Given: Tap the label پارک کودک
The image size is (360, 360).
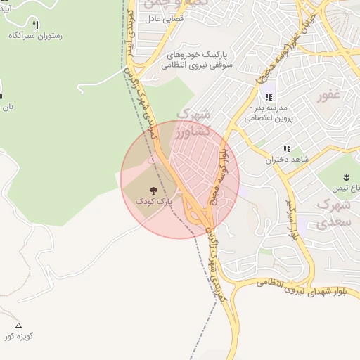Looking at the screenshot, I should point(153,201).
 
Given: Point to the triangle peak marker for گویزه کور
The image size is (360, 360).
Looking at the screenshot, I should point(19,326).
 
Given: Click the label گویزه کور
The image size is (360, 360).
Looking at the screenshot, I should point(19,336).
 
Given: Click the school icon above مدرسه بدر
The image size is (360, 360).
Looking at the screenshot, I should point(268,97).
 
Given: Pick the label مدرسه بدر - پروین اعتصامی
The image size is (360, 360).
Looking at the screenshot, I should point(267,114).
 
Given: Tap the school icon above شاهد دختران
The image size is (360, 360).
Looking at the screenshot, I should point(286,148).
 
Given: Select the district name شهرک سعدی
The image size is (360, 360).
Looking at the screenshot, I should point(333,213).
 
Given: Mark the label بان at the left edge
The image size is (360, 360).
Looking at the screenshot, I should point(6,108).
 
